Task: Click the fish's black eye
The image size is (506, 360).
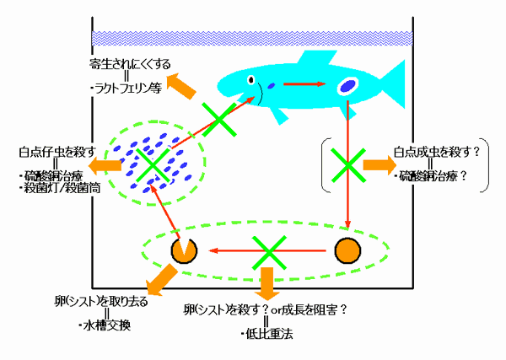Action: click(x=251, y=80)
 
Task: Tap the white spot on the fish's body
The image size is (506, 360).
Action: click(x=348, y=85)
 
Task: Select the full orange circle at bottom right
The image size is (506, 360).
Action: click(x=347, y=250)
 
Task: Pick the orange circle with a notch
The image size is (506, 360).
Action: click(x=184, y=250)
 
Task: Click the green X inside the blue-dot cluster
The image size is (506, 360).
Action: click(x=152, y=165)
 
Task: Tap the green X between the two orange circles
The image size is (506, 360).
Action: click(x=267, y=250)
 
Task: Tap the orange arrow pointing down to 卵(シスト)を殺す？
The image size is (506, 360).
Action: click(x=268, y=284)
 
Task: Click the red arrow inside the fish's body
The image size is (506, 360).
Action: click(x=304, y=84)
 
